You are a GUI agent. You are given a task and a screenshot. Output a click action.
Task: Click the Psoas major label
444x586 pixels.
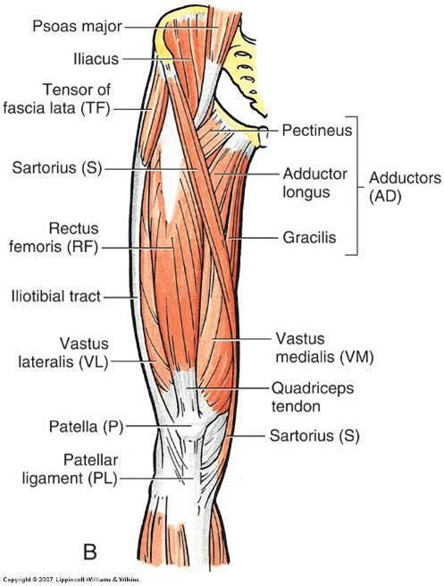pyautogui.click(x=77, y=27)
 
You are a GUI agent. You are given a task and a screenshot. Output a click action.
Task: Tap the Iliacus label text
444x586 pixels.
pyautogui.click(x=96, y=59)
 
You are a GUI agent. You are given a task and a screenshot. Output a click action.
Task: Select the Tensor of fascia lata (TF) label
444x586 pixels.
pyautogui.click(x=56, y=99)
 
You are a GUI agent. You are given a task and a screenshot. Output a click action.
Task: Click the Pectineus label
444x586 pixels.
pyautogui.click(x=317, y=131)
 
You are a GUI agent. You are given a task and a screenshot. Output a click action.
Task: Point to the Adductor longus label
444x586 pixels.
pyautogui.click(x=314, y=183)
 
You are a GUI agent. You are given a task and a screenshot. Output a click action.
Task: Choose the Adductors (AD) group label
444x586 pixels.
pyautogui.click(x=405, y=187)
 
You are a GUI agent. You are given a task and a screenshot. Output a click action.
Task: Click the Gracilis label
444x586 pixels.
pyautogui.click(x=309, y=237)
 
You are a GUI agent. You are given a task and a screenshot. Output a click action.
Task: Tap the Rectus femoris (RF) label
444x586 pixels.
pyautogui.click(x=54, y=238)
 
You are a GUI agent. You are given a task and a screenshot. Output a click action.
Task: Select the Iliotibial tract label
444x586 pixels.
pyautogui.click(x=56, y=296)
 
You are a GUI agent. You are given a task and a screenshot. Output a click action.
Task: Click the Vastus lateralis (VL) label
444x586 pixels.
pyautogui.click(x=63, y=352)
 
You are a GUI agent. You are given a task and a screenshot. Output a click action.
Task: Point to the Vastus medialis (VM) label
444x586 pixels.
pyautogui.click(x=324, y=348)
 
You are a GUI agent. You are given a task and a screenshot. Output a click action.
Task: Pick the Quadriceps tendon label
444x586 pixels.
pyautogui.click(x=313, y=397)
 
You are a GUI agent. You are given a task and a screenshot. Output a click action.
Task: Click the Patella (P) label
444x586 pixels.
pyautogui.click(x=86, y=427)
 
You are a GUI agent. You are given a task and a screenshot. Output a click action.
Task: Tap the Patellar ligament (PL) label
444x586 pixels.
pyautogui.click(x=71, y=470)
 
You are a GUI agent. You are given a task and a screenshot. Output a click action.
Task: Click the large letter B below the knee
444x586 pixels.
pyautogui.click(x=89, y=552)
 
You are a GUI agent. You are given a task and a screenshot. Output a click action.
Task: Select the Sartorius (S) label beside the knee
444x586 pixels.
pyautogui.click(x=314, y=436)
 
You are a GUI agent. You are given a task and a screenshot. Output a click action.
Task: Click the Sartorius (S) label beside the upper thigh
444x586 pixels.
pyautogui.click(x=57, y=168)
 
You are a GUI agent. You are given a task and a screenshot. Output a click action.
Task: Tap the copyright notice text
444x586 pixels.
pyautogui.click(x=71, y=580)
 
